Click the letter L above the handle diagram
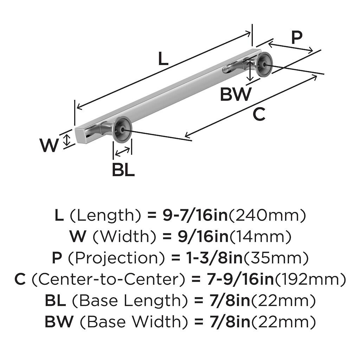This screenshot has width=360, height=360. pyautogui.click(x=163, y=59)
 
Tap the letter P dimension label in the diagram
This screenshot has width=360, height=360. pyautogui.click(x=297, y=37)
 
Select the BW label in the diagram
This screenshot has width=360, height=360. pyautogui.click(x=236, y=94)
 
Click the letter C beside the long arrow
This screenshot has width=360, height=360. pyautogui.click(x=259, y=115)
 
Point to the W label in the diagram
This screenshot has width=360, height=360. pyautogui.click(x=49, y=146)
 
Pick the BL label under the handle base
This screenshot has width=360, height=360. pyautogui.click(x=123, y=170)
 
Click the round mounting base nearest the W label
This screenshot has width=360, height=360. pyautogui.click(x=122, y=129)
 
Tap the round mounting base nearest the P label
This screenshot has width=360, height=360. pyautogui.click(x=263, y=64)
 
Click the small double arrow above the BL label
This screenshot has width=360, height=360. pyautogui.click(x=122, y=152)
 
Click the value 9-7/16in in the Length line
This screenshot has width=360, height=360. pyautogui.click(x=195, y=216)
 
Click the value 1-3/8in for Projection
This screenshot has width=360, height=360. pyautogui.click(x=212, y=258)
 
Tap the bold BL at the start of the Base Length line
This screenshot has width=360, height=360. pyautogui.click(x=55, y=301)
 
